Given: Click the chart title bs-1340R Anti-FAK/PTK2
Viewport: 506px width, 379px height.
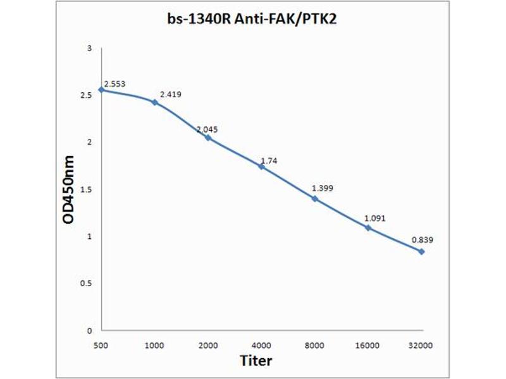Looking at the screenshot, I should click(253, 20).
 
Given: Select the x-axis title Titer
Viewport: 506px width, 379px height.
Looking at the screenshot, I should click(256, 361).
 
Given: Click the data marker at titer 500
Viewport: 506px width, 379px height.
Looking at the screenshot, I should click(101, 90).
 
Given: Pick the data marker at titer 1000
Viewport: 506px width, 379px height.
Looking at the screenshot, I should click(155, 102).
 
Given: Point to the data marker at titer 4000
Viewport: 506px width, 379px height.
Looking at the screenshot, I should click(261, 166).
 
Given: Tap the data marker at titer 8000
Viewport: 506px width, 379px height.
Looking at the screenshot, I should click(314, 198).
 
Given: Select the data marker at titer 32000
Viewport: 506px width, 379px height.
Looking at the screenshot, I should click(421, 251).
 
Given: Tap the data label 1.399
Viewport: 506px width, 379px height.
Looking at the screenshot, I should click(323, 188).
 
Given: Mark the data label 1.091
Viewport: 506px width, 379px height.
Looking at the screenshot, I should click(375, 219).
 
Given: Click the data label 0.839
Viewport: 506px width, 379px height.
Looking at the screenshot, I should click(423, 240).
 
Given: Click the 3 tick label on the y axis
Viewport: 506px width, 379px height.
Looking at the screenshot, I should click(90, 49).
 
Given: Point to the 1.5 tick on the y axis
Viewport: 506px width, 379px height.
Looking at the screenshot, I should click(87, 189).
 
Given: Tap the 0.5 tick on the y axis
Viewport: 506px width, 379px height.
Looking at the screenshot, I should click(87, 283).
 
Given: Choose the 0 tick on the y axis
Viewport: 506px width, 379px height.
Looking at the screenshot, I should click(90, 330).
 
